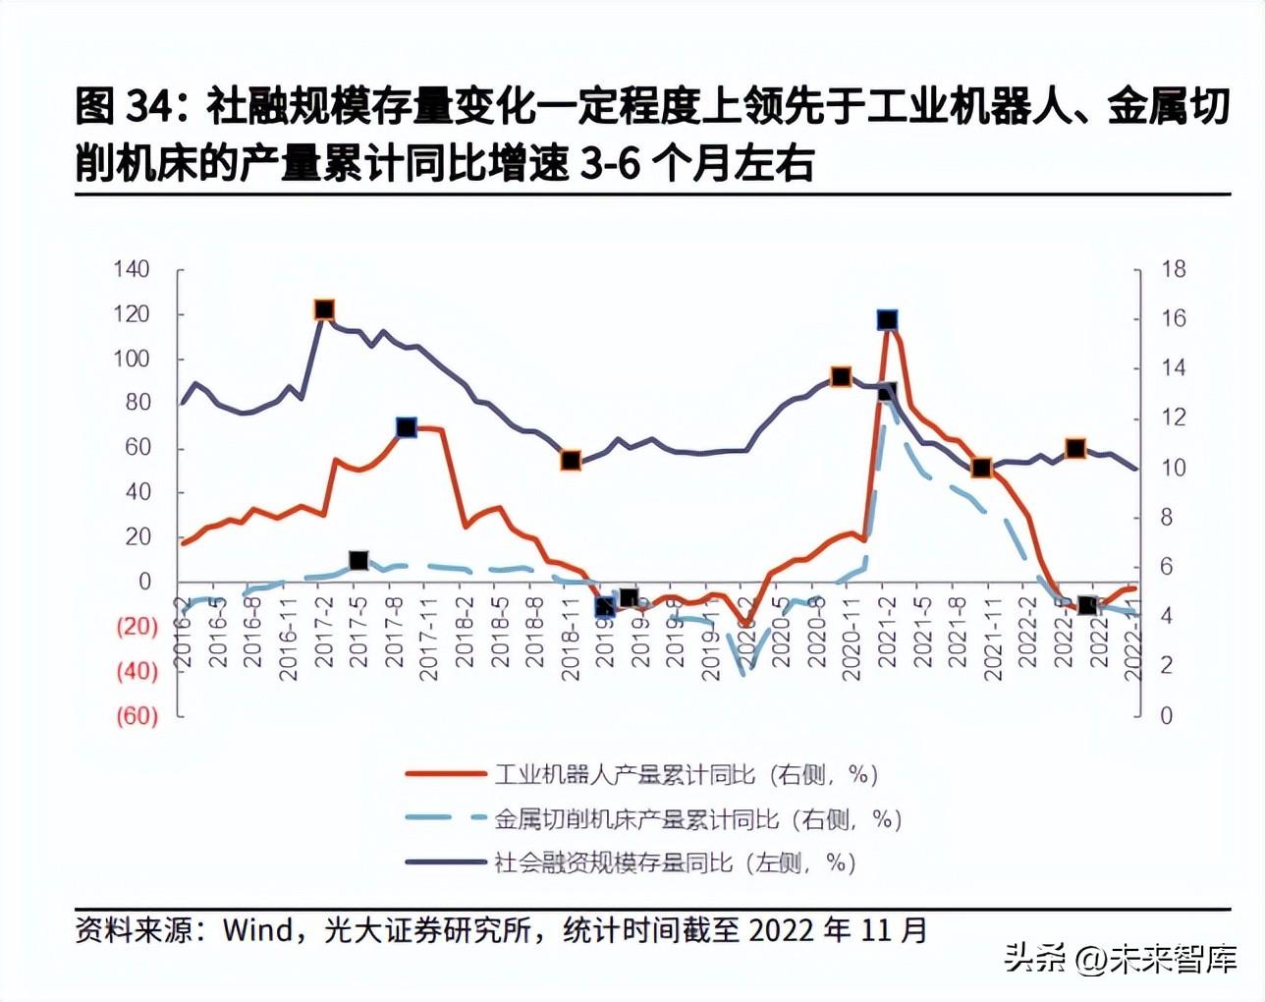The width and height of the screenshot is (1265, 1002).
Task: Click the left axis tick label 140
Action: [x=131, y=269]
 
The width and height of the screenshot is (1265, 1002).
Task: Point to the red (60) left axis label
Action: [x=137, y=715]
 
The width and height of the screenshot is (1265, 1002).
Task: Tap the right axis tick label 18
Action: [x=1173, y=269]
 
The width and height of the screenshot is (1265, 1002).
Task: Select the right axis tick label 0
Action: [x=1166, y=715]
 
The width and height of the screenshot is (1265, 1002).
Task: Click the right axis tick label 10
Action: [x=1173, y=468]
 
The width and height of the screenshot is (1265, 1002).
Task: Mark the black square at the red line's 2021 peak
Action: [x=887, y=320]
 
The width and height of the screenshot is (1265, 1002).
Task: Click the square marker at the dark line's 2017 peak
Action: [x=324, y=310]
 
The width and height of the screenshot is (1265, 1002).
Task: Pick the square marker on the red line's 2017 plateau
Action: [x=407, y=427]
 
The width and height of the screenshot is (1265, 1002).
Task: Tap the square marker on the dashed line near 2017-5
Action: [x=358, y=561]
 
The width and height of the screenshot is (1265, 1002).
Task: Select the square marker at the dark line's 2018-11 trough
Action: [x=571, y=461]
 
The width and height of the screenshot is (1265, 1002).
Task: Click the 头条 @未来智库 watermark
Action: [x=1119, y=958]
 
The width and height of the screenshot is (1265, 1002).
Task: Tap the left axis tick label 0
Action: [x=144, y=582]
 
